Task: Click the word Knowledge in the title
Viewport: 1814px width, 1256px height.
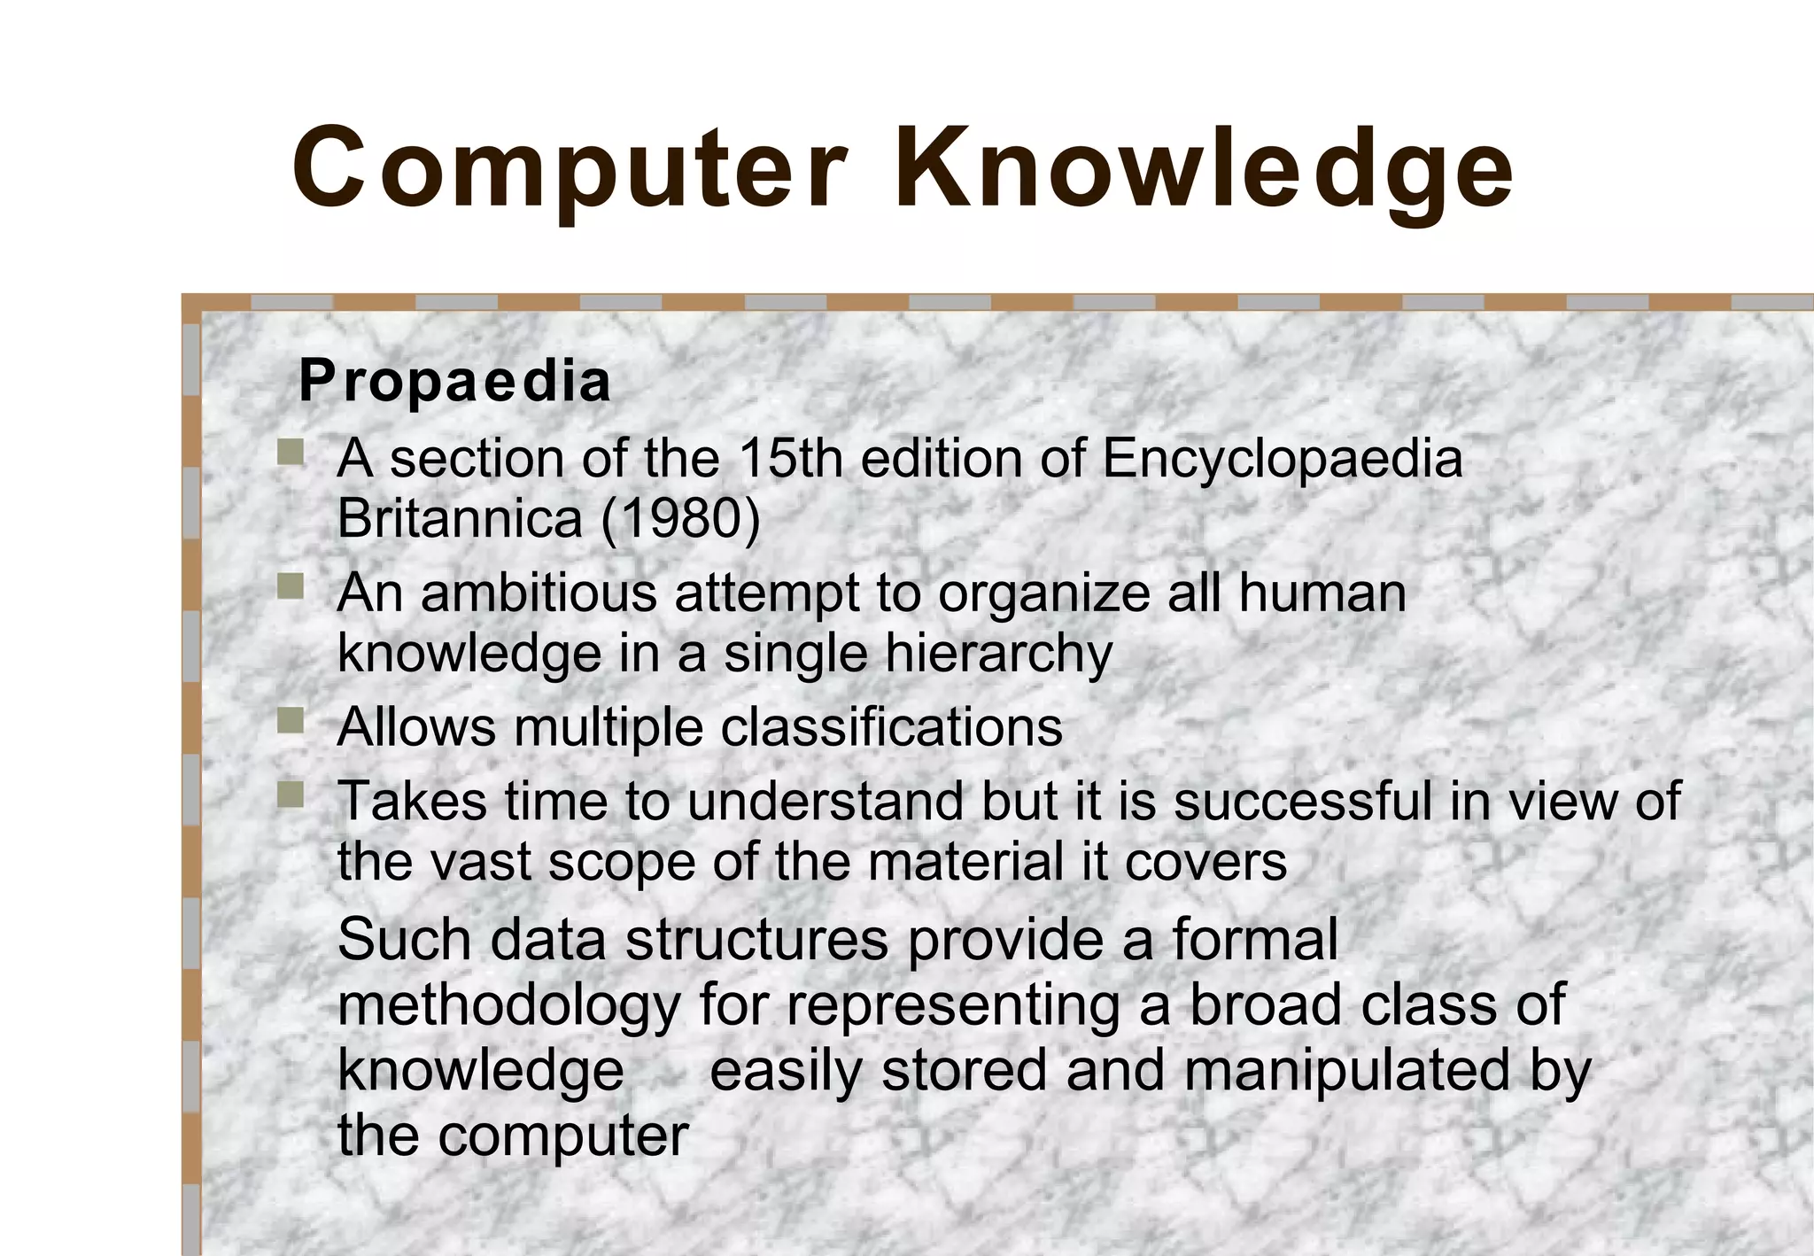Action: (x=1205, y=168)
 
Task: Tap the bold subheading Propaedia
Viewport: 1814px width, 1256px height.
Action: (x=454, y=382)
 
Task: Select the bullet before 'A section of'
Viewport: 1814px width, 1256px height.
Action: (x=290, y=453)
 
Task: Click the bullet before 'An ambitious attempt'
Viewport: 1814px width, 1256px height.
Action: (x=290, y=586)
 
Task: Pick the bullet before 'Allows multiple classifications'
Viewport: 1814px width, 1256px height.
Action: (x=290, y=721)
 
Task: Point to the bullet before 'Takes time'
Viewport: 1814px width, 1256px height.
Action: (x=290, y=795)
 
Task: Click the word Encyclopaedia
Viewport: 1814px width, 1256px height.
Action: (x=1282, y=460)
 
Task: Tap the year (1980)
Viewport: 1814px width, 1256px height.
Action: (x=680, y=518)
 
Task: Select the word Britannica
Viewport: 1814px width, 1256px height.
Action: (x=460, y=518)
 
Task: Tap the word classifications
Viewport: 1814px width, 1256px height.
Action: (x=891, y=727)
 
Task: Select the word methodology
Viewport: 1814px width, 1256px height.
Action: (x=509, y=1005)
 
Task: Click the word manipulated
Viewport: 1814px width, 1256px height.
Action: (x=1345, y=1071)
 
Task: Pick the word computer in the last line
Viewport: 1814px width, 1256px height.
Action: (x=562, y=1136)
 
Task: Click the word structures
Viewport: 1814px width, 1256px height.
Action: (x=756, y=940)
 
